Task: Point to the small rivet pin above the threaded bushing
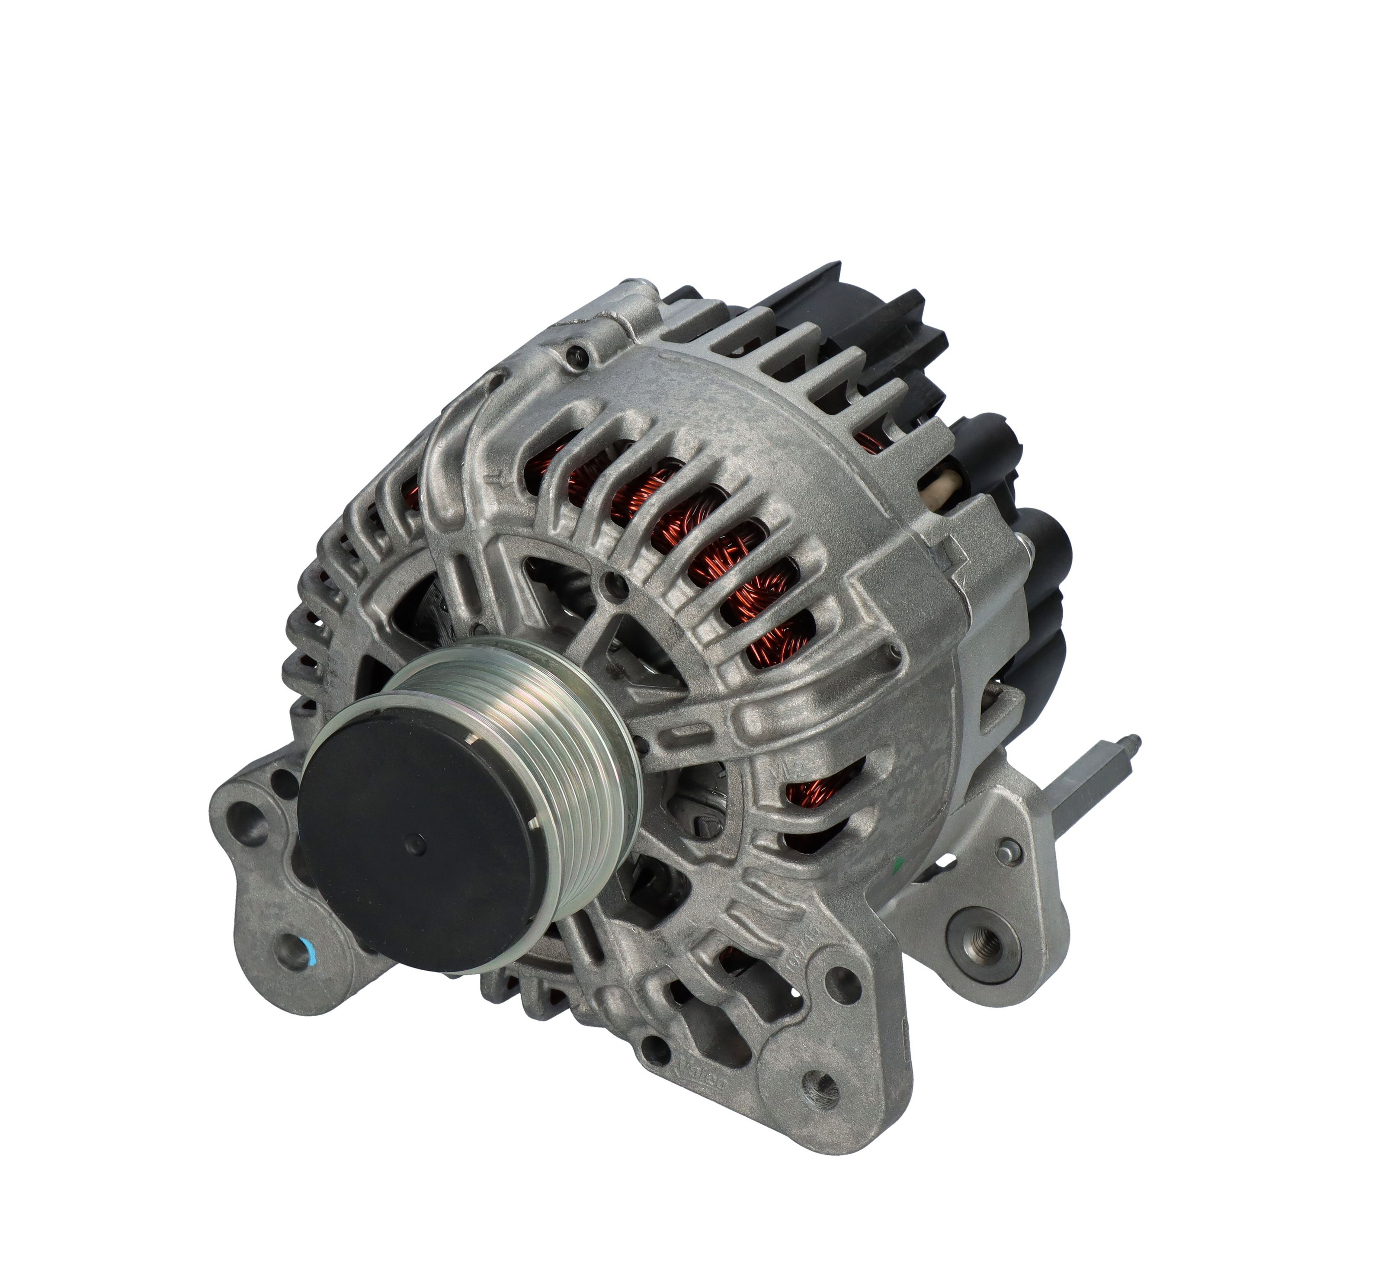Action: pyautogui.click(x=1007, y=851)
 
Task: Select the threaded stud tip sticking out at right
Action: pyautogui.click(x=1134, y=741)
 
